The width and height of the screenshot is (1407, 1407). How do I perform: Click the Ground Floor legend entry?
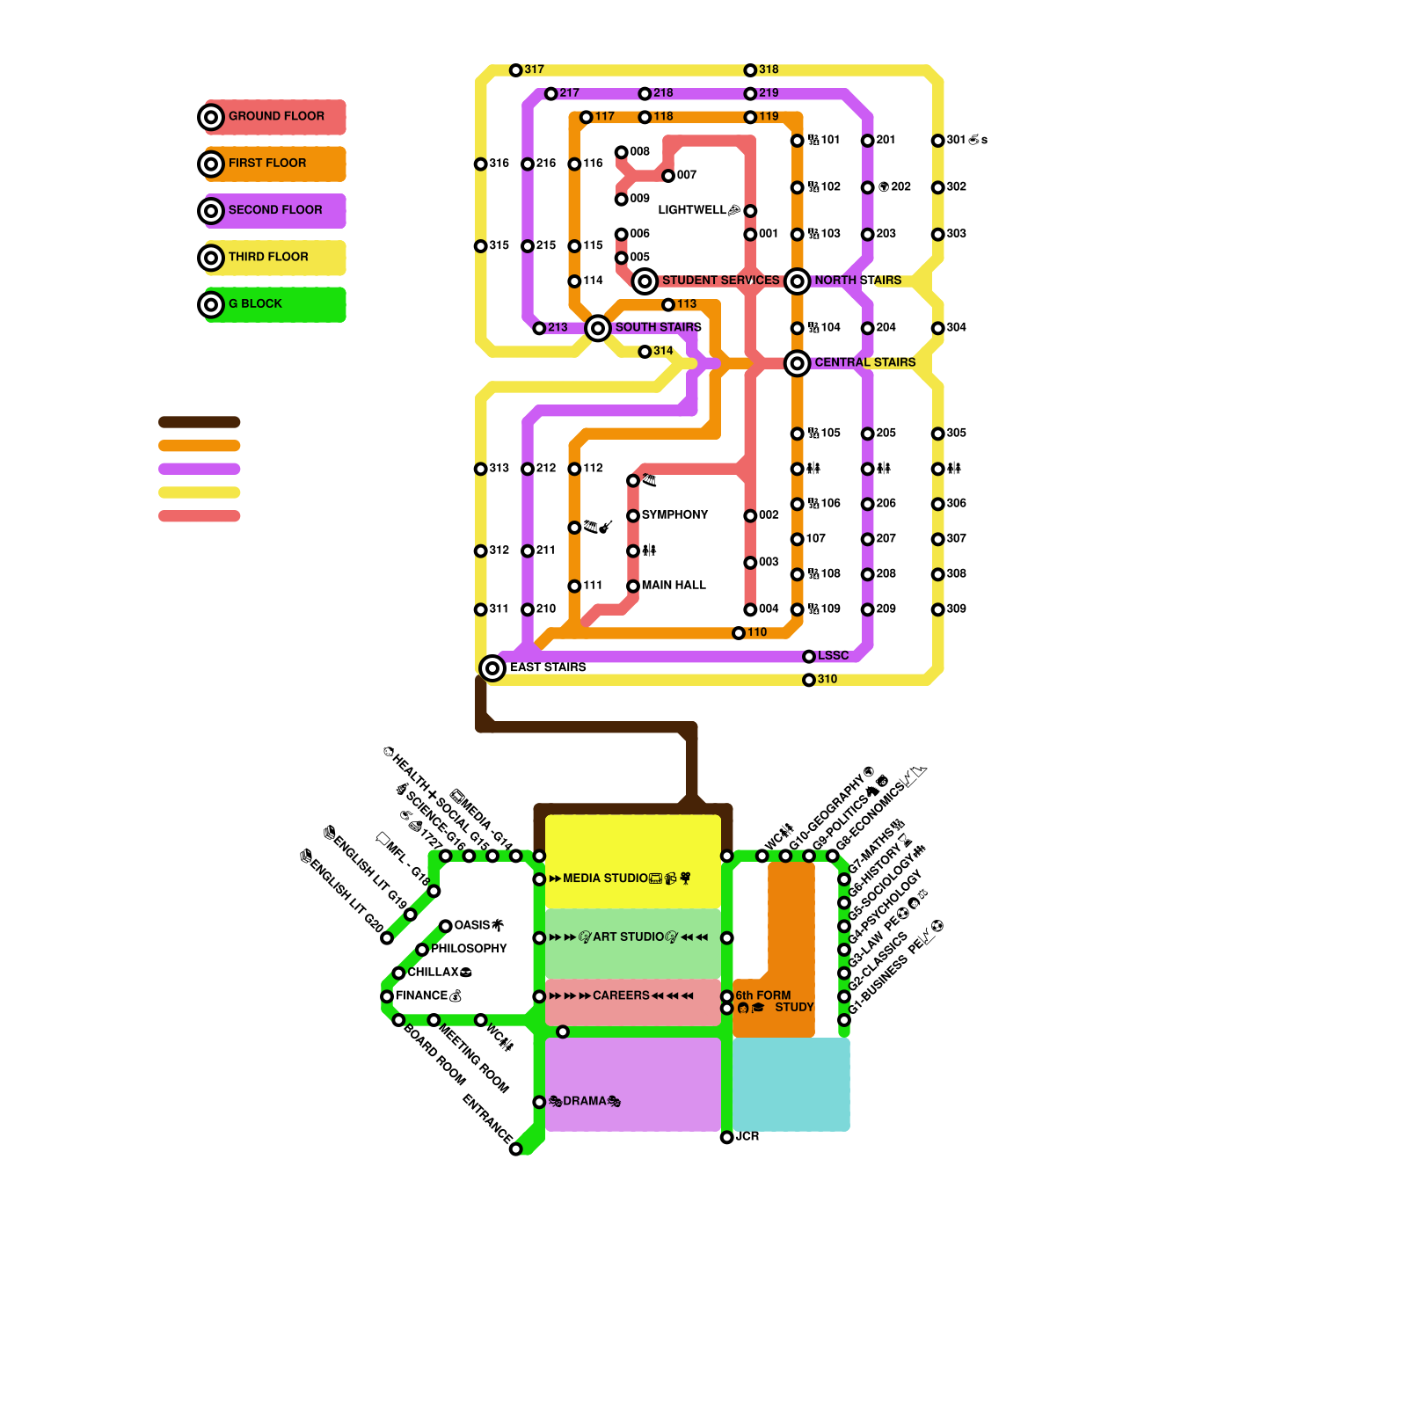tap(275, 116)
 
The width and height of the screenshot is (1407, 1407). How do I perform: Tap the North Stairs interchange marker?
tap(797, 281)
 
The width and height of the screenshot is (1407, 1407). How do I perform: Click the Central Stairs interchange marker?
tap(797, 362)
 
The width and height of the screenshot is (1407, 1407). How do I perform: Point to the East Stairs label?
tap(548, 667)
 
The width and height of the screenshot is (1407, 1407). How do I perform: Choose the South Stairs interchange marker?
tap(598, 328)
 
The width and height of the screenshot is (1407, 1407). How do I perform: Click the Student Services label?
tap(720, 281)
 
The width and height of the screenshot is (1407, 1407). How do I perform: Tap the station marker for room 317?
tap(516, 70)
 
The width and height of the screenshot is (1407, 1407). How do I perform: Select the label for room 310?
tap(827, 680)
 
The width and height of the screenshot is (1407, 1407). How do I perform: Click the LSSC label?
tap(833, 656)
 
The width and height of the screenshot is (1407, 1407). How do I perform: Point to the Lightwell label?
tap(692, 210)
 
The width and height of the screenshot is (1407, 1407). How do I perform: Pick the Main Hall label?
tap(674, 586)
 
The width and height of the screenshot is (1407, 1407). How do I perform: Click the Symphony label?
tap(674, 515)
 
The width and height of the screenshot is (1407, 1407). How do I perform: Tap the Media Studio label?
tap(605, 878)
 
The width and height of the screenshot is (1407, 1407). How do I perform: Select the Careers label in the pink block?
tap(621, 995)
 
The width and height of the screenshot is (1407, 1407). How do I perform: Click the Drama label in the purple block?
tap(585, 1101)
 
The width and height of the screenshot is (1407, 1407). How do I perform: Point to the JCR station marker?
tap(726, 1137)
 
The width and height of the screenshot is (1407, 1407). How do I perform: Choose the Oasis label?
tap(472, 925)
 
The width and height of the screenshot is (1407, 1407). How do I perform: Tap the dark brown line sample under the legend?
tap(199, 422)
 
